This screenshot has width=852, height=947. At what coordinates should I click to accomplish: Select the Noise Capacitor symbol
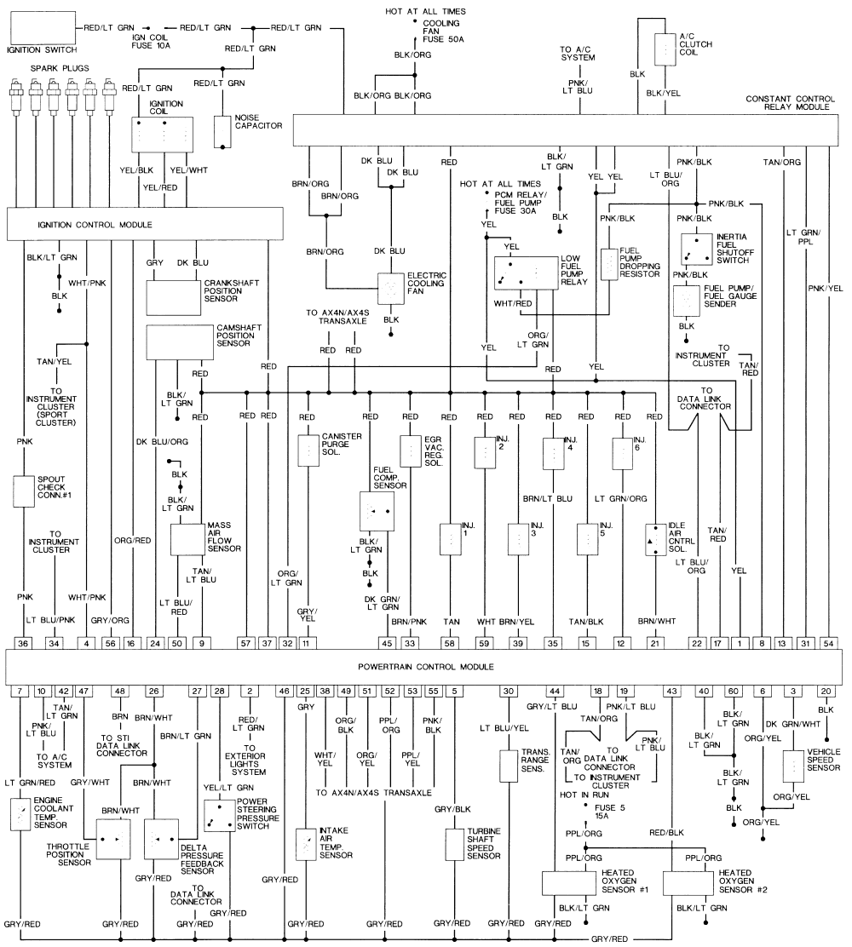click(223, 132)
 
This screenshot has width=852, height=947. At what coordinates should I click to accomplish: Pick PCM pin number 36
click(23, 643)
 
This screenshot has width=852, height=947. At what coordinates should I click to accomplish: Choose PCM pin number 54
click(827, 643)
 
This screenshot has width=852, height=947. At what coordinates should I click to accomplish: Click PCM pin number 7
click(19, 690)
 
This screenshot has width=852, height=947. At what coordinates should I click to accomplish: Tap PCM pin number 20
click(825, 690)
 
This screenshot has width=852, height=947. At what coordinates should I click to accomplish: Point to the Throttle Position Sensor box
click(113, 840)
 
